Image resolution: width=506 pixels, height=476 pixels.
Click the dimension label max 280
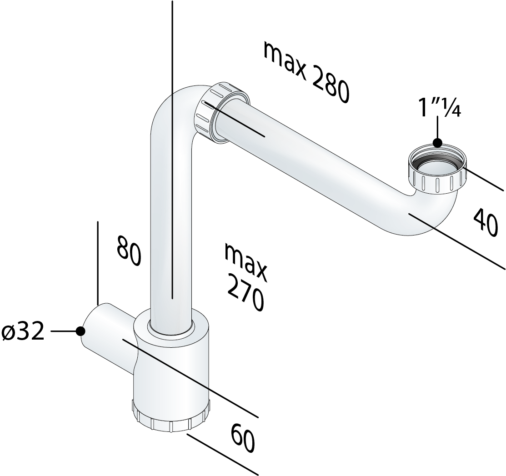point(306,72)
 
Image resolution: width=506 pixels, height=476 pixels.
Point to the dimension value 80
point(129,251)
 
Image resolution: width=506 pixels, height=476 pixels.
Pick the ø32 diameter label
point(23,332)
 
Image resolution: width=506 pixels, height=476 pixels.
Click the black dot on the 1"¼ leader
point(438,142)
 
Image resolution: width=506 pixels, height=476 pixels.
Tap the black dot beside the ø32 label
point(80,331)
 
